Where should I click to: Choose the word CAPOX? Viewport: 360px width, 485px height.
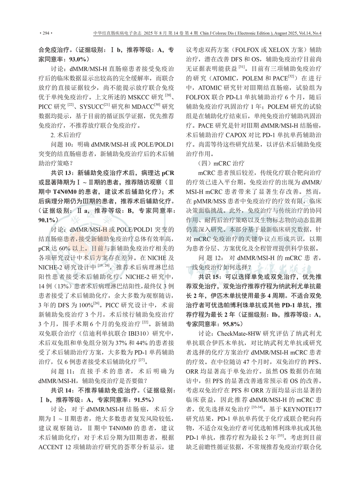click(241, 135)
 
